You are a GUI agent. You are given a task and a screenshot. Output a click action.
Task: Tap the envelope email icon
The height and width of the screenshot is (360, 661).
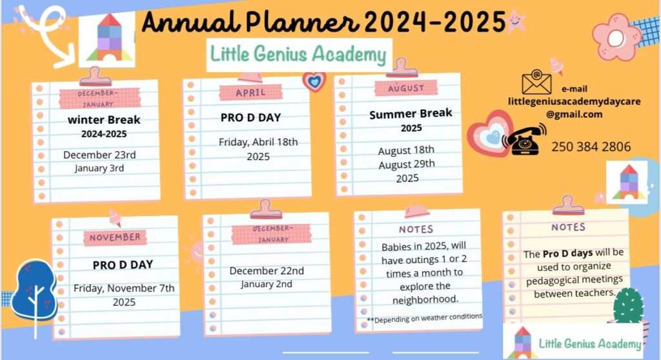pyautogui.click(x=536, y=81)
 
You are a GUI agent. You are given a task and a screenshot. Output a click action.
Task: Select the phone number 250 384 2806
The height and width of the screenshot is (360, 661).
pyautogui.click(x=591, y=146)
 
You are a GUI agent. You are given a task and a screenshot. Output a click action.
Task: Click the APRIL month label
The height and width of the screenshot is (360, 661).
pyautogui.click(x=251, y=92)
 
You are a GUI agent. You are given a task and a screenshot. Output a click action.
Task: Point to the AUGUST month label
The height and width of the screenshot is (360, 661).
pyautogui.click(x=406, y=88)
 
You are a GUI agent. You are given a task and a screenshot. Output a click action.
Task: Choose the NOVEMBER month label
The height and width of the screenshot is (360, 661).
pyautogui.click(x=115, y=237)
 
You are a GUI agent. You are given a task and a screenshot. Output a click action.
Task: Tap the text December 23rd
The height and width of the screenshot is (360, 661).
pyautogui.click(x=99, y=155)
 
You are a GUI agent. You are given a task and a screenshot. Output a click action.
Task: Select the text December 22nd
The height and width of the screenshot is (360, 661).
pyautogui.click(x=267, y=270)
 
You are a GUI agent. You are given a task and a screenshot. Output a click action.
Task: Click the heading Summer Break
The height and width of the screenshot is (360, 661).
pyautogui.click(x=411, y=114)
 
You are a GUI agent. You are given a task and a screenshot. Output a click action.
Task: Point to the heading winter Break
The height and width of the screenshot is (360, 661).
pyautogui.click(x=104, y=120)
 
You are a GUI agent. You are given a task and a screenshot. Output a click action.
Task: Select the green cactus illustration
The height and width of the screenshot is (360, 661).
pyautogui.click(x=629, y=306)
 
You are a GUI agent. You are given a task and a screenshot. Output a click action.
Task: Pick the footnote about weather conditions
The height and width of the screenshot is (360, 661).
pyautogui.click(x=425, y=318)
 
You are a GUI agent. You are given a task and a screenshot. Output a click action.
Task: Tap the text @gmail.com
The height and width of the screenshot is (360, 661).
pyautogui.click(x=574, y=114)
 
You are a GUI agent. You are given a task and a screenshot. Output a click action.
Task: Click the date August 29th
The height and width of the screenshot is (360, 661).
pyautogui.click(x=407, y=164)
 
